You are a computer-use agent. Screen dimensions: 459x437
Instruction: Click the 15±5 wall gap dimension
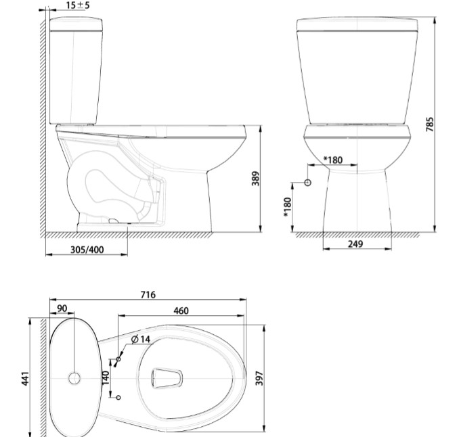(78, 5)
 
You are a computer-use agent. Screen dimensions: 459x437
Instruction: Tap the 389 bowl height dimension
(255, 179)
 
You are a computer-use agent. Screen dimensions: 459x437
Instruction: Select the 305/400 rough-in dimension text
(87, 250)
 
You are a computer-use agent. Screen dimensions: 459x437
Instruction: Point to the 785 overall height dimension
(430, 124)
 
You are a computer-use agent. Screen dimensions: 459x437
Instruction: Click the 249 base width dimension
(355, 244)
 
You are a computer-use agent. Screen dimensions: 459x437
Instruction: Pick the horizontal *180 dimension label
(333, 160)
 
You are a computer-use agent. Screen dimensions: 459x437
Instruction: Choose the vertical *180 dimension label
(288, 207)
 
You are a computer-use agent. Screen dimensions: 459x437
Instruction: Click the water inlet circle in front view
(307, 183)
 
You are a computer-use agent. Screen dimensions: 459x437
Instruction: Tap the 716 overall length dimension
(148, 294)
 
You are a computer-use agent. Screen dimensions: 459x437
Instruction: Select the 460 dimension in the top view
(181, 310)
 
